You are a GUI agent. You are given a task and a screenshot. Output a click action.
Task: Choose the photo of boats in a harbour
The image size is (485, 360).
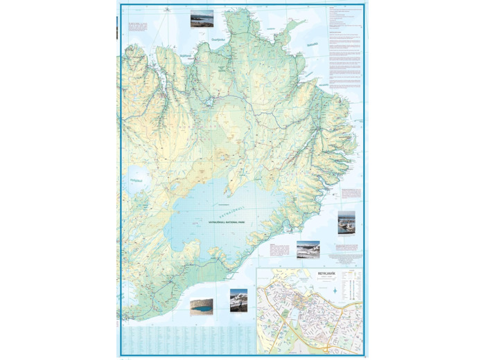(346, 224)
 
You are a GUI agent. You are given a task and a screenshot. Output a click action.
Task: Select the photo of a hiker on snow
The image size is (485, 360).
(239, 298)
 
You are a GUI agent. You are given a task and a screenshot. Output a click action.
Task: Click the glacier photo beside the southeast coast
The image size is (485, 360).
(308, 249)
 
